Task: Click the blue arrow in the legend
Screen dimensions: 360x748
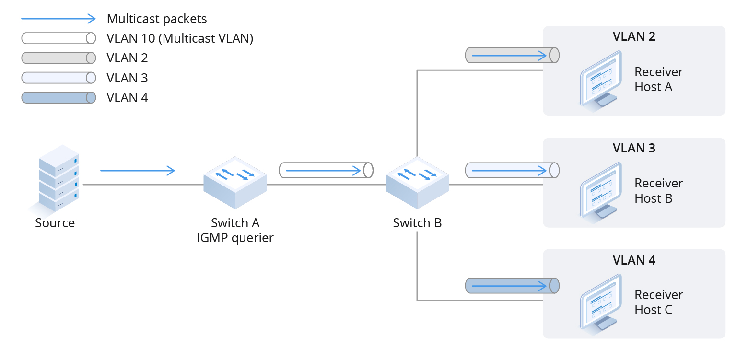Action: pos(58,19)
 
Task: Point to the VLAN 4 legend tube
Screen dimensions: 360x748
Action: pos(58,98)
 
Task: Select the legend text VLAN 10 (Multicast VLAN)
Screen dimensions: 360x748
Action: pos(180,38)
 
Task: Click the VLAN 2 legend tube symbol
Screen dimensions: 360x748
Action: pos(58,58)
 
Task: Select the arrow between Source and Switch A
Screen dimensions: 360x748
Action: pos(138,170)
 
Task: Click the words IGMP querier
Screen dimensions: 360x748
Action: pos(235,238)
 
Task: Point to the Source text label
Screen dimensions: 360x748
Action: pos(55,223)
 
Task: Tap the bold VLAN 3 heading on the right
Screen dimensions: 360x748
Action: pos(634,148)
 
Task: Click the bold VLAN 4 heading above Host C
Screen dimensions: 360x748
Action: pos(634,260)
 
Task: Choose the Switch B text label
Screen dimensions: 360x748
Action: pos(417,223)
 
